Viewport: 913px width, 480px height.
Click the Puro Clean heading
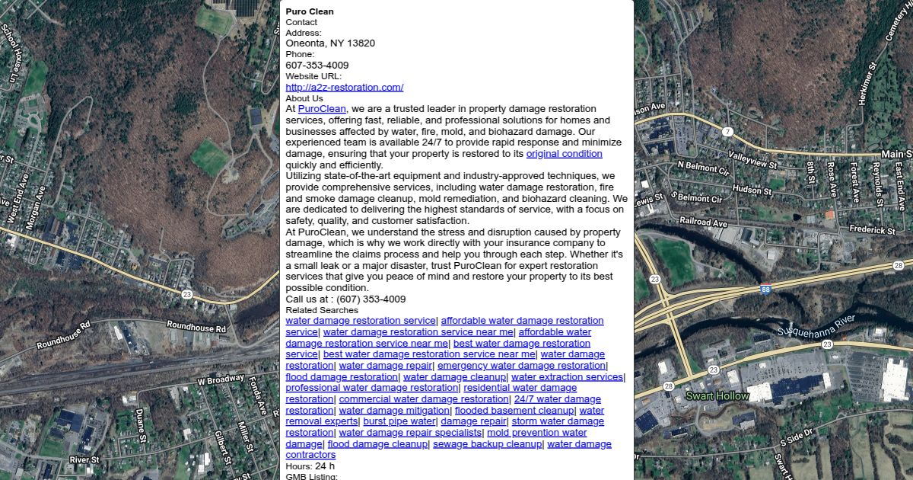coord(310,11)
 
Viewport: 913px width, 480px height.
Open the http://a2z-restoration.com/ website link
coord(344,88)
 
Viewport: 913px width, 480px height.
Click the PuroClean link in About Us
coord(322,109)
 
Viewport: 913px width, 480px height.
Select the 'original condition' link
coord(564,154)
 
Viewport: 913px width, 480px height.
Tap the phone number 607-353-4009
coord(317,66)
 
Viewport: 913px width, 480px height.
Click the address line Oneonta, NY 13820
coord(330,43)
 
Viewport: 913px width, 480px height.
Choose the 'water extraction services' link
coord(567,377)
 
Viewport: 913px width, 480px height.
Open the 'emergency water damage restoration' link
coord(521,366)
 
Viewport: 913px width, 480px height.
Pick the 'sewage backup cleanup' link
coord(487,444)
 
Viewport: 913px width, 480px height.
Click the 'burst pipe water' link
coord(399,421)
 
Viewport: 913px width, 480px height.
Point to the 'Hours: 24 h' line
coord(310,466)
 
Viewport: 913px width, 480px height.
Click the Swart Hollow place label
coord(717,396)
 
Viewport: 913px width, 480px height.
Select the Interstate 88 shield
coord(765,290)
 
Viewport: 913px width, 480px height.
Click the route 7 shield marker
coord(727,132)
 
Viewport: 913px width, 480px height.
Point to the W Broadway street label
coord(220,379)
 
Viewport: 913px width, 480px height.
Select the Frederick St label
coord(872,229)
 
